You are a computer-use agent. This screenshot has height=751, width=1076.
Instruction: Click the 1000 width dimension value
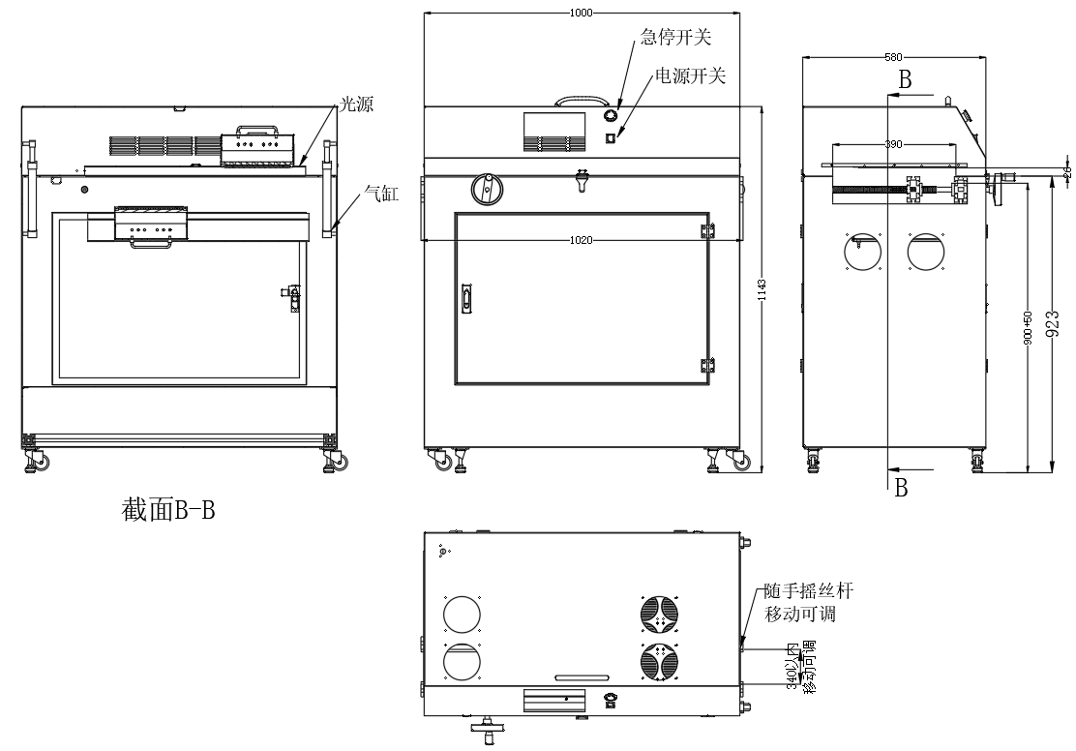point(581,13)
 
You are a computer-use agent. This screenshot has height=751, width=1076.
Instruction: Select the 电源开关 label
point(690,75)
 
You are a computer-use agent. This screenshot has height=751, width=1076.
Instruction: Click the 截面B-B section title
point(165,509)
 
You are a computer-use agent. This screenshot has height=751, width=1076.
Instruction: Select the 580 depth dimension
point(896,57)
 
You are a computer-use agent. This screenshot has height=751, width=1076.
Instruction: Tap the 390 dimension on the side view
point(893,144)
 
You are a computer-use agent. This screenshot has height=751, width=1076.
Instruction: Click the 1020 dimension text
point(580,240)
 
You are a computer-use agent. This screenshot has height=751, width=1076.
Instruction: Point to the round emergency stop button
point(611,116)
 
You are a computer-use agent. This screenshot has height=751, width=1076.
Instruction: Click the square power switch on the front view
point(610,137)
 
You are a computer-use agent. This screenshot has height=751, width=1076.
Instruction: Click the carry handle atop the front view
point(585,99)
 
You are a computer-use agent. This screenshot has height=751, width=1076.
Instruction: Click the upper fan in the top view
point(658,613)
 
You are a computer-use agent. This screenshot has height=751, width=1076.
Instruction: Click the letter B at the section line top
point(905,81)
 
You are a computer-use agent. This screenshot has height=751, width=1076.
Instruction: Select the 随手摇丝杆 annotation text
point(808,591)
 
